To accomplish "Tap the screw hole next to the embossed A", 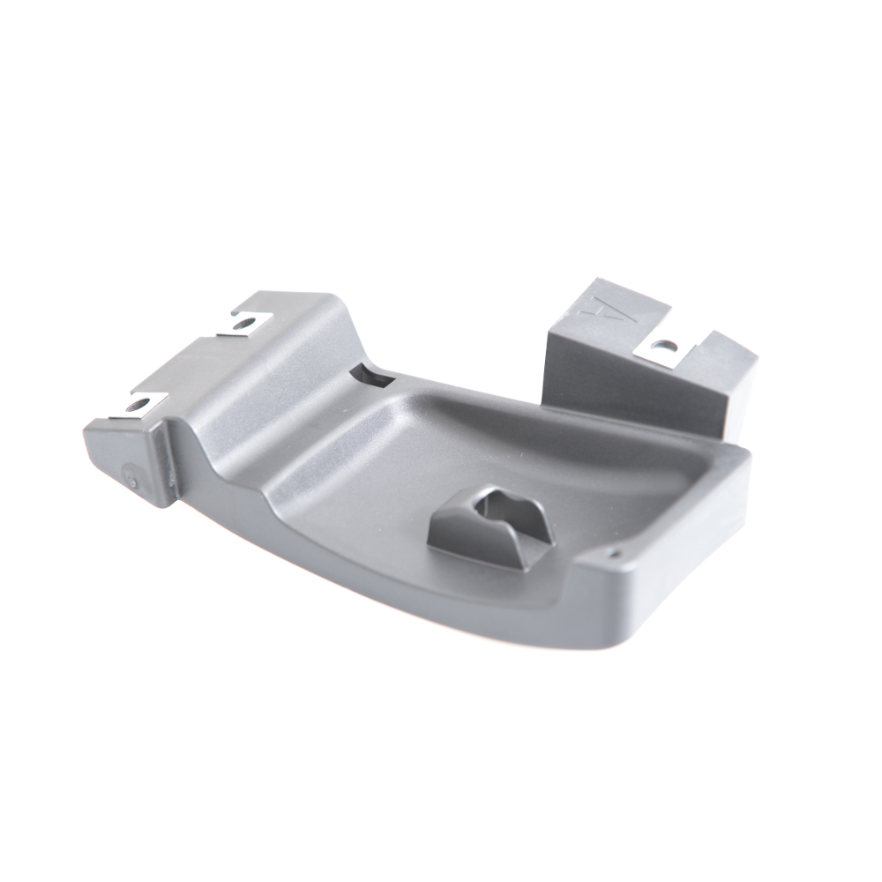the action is (665, 344).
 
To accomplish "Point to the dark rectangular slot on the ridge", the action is (372, 376).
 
